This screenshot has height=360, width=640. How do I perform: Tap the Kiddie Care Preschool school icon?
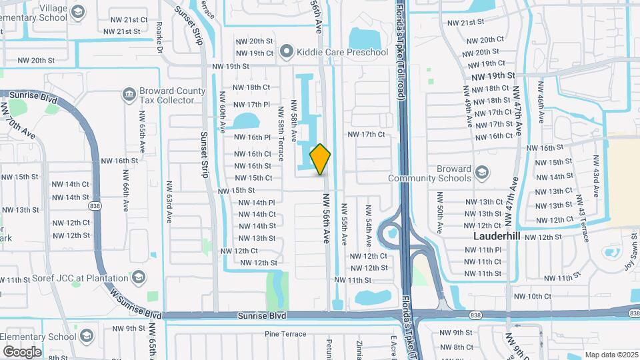click(287, 51)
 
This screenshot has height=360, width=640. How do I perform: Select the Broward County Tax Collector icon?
click(128, 95)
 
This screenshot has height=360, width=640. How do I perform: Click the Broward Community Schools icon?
click(481, 173)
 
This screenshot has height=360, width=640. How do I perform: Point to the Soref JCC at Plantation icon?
click(139, 277)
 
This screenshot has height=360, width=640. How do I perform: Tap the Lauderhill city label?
click(497, 236)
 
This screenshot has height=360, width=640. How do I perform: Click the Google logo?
click(22, 352)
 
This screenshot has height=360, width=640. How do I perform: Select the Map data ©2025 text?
click(610, 355)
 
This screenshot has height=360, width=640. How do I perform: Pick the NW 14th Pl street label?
click(256, 203)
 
